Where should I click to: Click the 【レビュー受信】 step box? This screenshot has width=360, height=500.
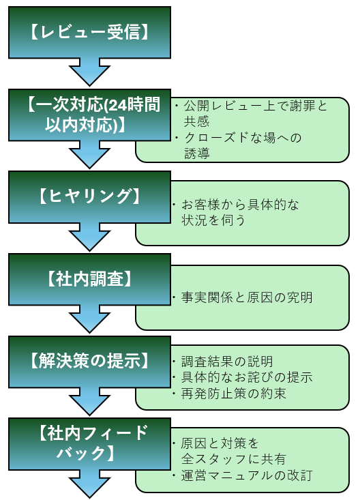pyautogui.click(x=89, y=33)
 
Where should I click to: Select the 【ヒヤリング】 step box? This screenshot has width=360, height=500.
pyautogui.click(x=89, y=196)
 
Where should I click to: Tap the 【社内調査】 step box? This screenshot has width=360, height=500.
pyautogui.click(x=89, y=279)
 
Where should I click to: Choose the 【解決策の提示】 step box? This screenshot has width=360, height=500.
pyautogui.click(x=89, y=362)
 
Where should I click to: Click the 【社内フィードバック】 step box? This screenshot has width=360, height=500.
pyautogui.click(x=89, y=443)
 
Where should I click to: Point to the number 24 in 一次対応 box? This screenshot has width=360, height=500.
pyautogui.click(x=118, y=105)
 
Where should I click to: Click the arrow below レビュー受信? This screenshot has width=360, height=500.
pyautogui.click(x=89, y=72)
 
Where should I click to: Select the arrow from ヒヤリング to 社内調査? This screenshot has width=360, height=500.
pyautogui.click(x=89, y=237)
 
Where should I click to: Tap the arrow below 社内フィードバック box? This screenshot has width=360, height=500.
pyautogui.click(x=89, y=484)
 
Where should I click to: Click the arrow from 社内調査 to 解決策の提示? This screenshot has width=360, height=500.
pyautogui.click(x=89, y=319)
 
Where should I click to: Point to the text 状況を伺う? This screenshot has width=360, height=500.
pyautogui.click(x=213, y=220)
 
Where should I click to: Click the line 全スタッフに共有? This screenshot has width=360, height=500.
pyautogui.click(x=233, y=459)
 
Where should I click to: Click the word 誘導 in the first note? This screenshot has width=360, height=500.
pyautogui.click(x=197, y=153)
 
